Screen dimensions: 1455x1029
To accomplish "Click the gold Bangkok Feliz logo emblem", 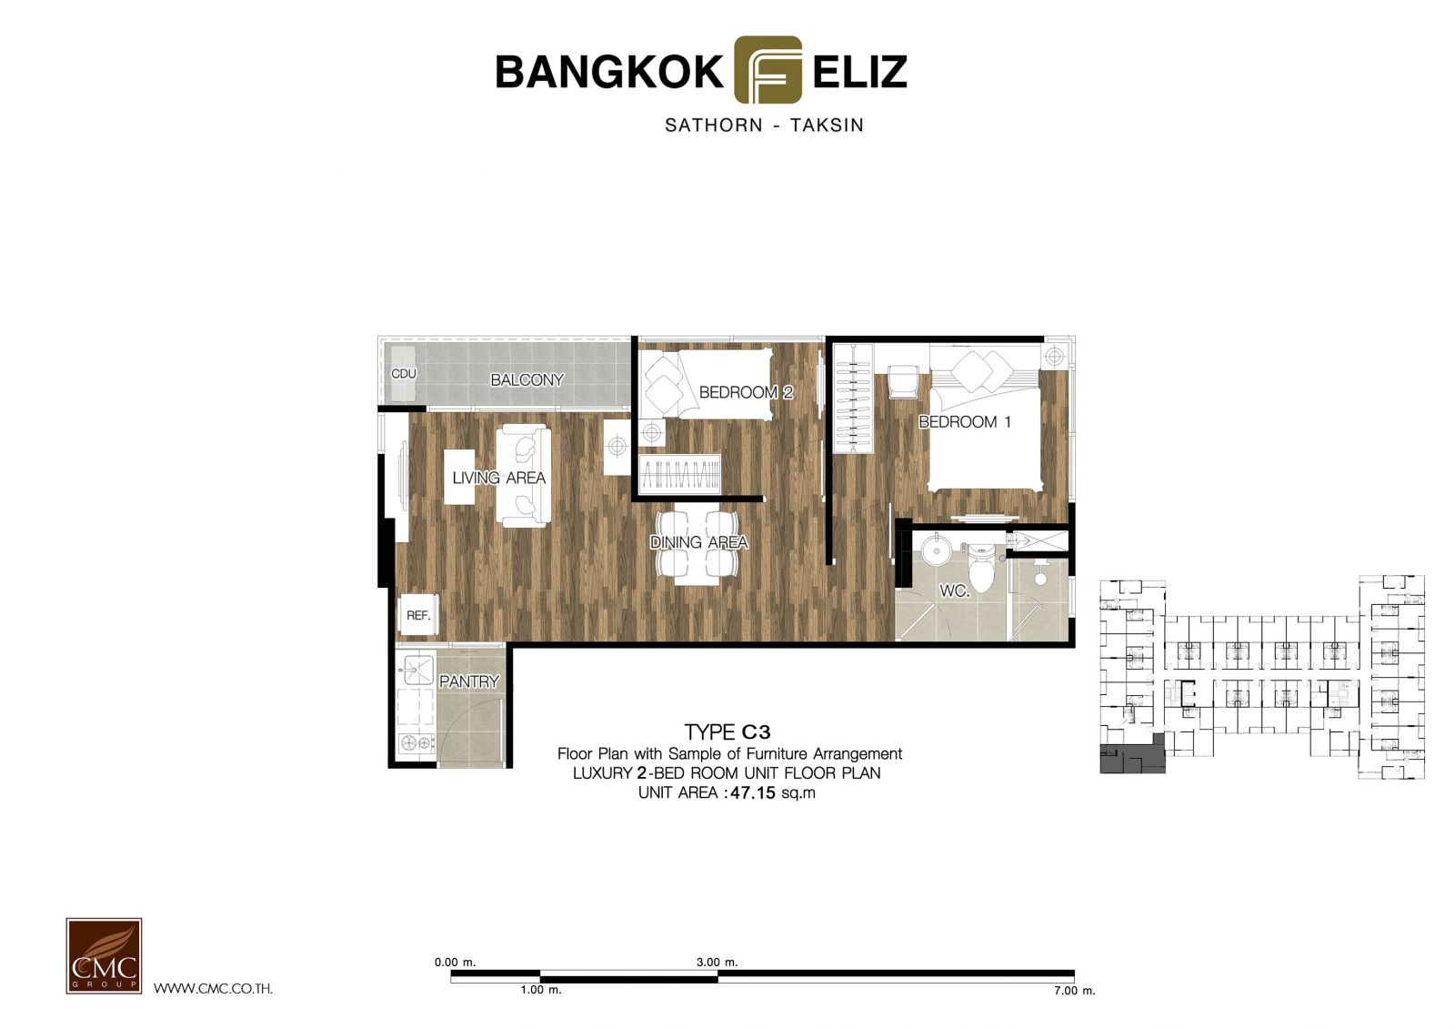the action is tap(768, 69).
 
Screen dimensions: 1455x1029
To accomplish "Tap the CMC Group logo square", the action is tap(104, 955).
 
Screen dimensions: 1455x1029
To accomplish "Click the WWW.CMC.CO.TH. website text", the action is tap(213, 989).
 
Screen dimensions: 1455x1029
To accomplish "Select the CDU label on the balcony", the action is tap(404, 374).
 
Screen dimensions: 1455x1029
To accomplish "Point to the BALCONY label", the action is tap(527, 379).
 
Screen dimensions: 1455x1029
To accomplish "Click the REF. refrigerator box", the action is tap(418, 615).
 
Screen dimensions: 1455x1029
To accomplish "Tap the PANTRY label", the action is tap(469, 681).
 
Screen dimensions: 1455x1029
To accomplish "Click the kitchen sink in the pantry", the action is tap(416, 670).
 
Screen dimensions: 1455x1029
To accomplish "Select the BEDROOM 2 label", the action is tap(746, 392).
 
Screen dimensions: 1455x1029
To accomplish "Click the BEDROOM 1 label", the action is tap(965, 422).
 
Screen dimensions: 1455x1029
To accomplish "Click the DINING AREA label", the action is tap(699, 542).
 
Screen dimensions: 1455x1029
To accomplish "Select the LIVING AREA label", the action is tap(499, 478).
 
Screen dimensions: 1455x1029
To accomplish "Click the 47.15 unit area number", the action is tap(754, 793).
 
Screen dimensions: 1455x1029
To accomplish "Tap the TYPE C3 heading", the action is tap(727, 731).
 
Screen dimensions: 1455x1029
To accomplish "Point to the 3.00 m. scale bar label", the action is tap(717, 962).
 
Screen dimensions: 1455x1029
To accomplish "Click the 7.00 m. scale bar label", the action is tap(1074, 991).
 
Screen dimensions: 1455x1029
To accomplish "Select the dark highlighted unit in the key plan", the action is tap(1132, 757).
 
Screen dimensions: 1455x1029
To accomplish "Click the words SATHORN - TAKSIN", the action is tap(764, 125).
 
